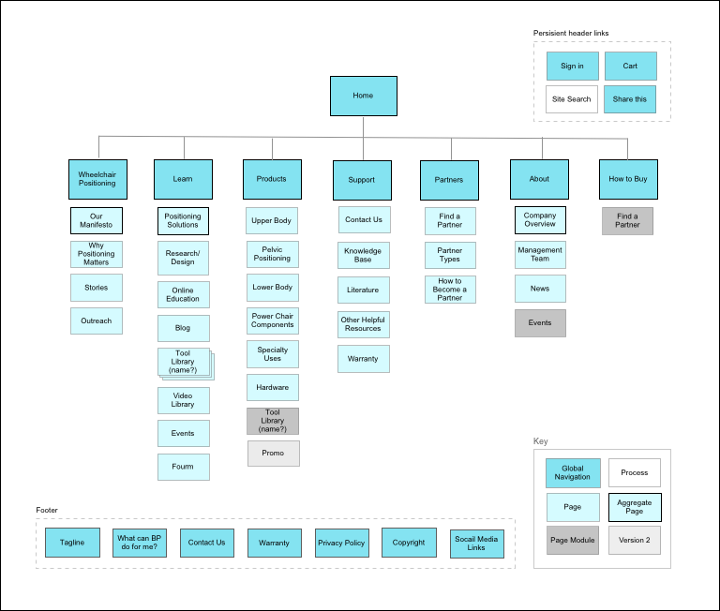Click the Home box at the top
coord(363,96)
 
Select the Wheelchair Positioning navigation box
coord(97,179)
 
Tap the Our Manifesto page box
coord(97,221)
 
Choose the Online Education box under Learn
coord(183,295)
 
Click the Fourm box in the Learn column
coord(183,467)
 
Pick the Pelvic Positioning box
coord(273,254)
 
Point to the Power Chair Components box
coord(273,320)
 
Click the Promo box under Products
coord(273,454)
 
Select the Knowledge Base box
coord(363,255)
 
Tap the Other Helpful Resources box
coord(363,324)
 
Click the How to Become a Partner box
coord(450,289)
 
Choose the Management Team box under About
coord(540,255)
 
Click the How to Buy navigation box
coord(628,179)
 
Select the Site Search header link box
coord(572,99)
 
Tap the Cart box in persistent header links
coord(630,67)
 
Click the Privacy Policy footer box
coord(341,543)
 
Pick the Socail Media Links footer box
coord(476,544)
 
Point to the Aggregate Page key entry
coord(635,507)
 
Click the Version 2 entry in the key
coord(635,540)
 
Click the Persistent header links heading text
coord(571,33)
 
